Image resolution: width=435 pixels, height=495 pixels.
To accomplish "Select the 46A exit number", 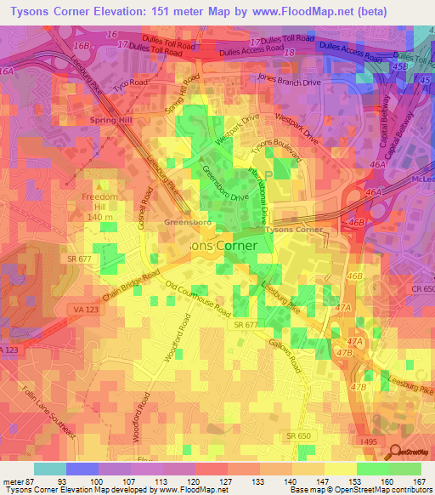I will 372,194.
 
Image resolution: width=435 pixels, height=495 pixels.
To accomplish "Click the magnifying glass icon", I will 397,452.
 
